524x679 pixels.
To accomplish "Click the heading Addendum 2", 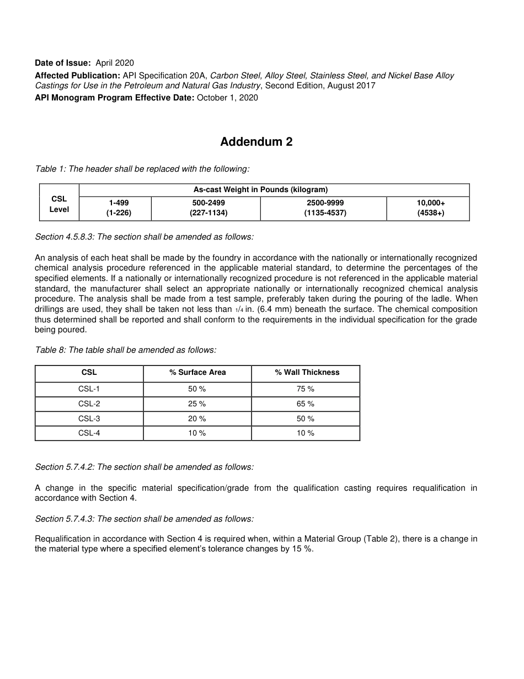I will (x=256, y=142).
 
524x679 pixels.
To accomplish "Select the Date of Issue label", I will (x=62, y=63).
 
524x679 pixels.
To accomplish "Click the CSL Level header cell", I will (x=59, y=204).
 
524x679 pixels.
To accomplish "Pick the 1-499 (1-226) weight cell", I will (x=119, y=208).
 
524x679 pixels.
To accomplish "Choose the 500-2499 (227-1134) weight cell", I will (x=208, y=208).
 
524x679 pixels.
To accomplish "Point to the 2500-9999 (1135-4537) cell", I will (x=325, y=208).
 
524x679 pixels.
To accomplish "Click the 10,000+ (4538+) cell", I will (x=431, y=208).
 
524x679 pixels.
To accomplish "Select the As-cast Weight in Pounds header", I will (x=260, y=190).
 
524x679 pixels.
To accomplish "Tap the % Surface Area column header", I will (x=197, y=373).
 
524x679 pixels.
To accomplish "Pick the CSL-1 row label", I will (x=89, y=389).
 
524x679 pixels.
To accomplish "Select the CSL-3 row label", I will (x=89, y=419).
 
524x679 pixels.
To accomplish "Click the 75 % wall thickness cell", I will (x=305, y=389).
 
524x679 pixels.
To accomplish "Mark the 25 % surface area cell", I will (x=197, y=404).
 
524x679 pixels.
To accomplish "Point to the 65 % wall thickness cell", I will (x=305, y=404).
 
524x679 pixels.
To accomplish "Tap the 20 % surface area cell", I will (x=197, y=419).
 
